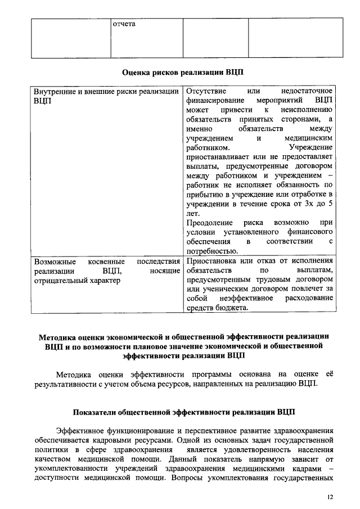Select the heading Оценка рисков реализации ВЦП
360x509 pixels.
183,72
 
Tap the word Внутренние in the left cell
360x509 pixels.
54,91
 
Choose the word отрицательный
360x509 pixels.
60,281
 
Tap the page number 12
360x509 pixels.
330,497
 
